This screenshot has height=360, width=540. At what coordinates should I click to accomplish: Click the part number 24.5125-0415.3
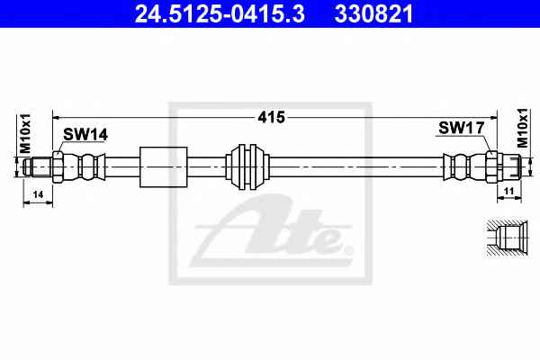click(x=220, y=13)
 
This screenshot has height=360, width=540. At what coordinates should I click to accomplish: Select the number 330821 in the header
click(x=373, y=13)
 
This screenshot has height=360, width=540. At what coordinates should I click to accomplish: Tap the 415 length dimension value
click(x=272, y=118)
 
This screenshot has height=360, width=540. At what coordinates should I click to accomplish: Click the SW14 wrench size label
click(x=85, y=134)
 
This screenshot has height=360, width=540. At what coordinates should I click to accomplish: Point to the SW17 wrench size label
click(x=462, y=128)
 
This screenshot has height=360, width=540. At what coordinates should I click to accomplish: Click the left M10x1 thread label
click(x=25, y=134)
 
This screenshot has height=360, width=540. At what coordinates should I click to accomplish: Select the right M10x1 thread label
click(x=522, y=128)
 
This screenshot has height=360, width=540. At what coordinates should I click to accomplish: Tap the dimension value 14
click(x=38, y=194)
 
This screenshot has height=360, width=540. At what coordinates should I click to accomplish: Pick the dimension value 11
click(x=509, y=191)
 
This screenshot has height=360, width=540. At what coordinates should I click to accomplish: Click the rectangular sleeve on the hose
click(x=164, y=167)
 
